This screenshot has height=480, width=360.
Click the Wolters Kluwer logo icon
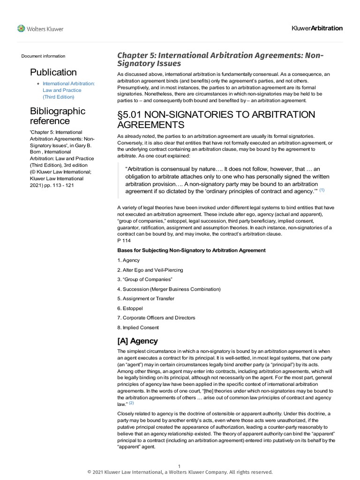21,29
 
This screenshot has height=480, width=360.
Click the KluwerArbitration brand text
317,28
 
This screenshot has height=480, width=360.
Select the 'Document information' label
43,56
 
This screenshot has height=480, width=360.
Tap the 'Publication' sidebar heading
53,72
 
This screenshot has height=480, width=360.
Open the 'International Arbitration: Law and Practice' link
68,90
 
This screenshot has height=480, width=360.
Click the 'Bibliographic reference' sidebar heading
57,116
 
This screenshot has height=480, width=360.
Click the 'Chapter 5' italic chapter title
220,59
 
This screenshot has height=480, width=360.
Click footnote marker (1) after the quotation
322,190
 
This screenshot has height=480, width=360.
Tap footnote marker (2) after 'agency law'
132,403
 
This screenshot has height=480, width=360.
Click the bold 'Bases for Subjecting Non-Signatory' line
191,250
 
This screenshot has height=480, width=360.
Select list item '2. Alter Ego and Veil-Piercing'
150,270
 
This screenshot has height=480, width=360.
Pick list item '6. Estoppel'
130,308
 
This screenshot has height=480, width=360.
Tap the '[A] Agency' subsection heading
137,341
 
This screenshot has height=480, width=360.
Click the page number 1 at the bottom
179,466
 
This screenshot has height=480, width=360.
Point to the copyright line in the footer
180,472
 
